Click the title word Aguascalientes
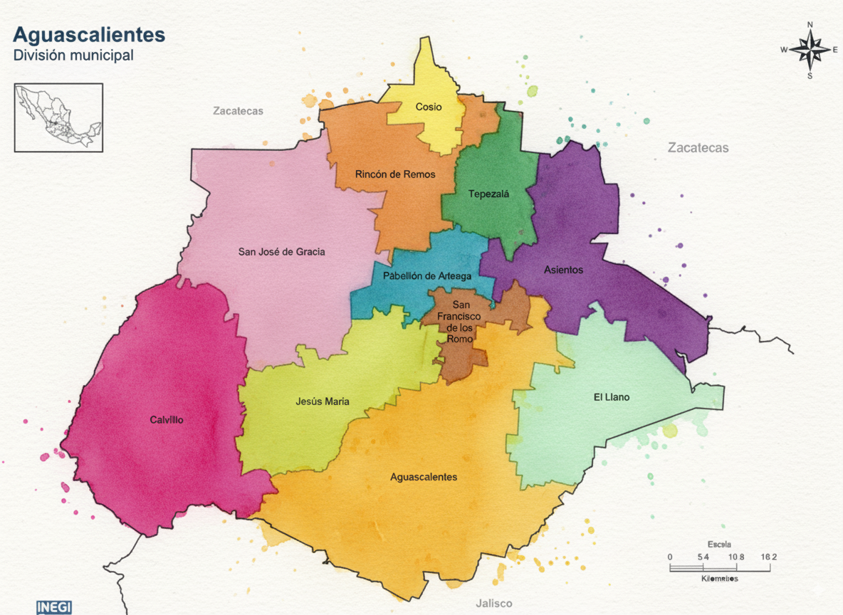pyautogui.click(x=89, y=34)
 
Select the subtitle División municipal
pyautogui.click(x=73, y=56)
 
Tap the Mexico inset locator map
pyautogui.click(x=58, y=117)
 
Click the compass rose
pyautogui.click(x=810, y=50)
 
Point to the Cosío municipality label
pyautogui.click(x=429, y=107)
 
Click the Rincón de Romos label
pyautogui.click(x=395, y=174)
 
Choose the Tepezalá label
pyautogui.click(x=489, y=194)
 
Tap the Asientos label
pyautogui.click(x=563, y=270)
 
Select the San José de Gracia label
pyautogui.click(x=281, y=251)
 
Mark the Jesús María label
pyautogui.click(x=323, y=401)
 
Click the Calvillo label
pyautogui.click(x=167, y=420)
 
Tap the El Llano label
pyautogui.click(x=612, y=397)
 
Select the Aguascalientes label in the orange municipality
pyautogui.click(x=424, y=477)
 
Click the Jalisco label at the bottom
pyautogui.click(x=494, y=603)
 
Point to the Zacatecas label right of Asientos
pyautogui.click(x=698, y=148)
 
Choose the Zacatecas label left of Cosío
pyautogui.click(x=238, y=111)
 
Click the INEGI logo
pyautogui.click(x=54, y=607)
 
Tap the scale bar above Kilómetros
pyautogui.click(x=719, y=568)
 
